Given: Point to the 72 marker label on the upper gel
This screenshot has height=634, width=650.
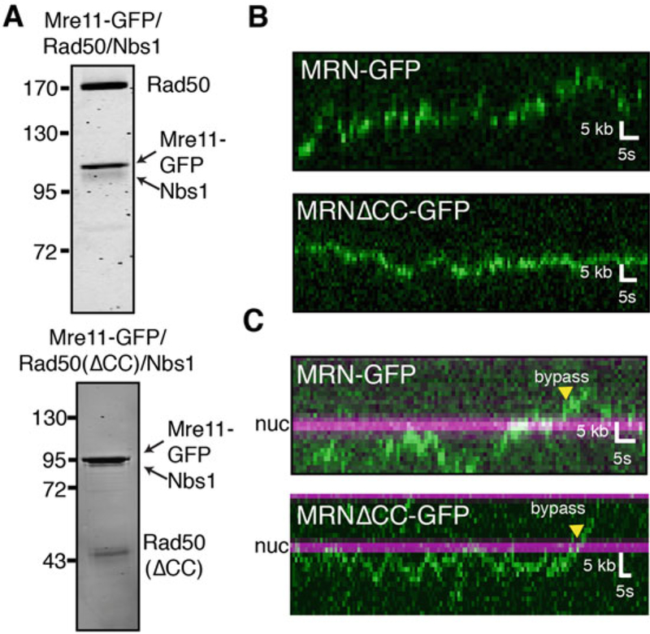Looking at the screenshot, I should tap(51, 251).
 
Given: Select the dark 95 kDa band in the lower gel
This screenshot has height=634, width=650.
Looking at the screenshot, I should tap(108, 461).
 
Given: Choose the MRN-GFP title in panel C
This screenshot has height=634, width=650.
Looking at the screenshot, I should tap(356, 376).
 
